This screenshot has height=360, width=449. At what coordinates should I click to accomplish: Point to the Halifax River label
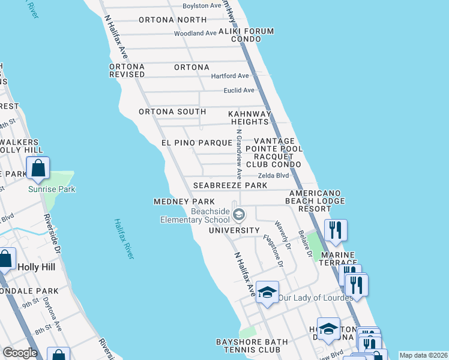[124, 239]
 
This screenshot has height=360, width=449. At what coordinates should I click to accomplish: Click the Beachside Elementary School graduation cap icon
[239, 215]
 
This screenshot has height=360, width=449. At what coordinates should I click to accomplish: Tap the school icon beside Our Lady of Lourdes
[267, 292]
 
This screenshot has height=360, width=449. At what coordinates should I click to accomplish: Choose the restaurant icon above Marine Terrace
[334, 230]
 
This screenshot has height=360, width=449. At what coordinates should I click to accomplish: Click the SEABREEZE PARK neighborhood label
[230, 186]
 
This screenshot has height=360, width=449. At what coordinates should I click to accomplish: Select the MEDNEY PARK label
[180, 202]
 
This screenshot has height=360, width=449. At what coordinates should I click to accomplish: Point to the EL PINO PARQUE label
[196, 143]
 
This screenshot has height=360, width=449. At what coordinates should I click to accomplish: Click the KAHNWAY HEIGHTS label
[250, 118]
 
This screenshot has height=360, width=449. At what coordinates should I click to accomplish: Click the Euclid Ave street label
[239, 91]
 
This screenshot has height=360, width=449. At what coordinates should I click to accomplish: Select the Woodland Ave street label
[195, 34]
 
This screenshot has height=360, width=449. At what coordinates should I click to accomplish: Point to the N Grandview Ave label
[238, 155]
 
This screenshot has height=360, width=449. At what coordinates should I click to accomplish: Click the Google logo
[20, 353]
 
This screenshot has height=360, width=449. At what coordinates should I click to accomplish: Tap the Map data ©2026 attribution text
[423, 355]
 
